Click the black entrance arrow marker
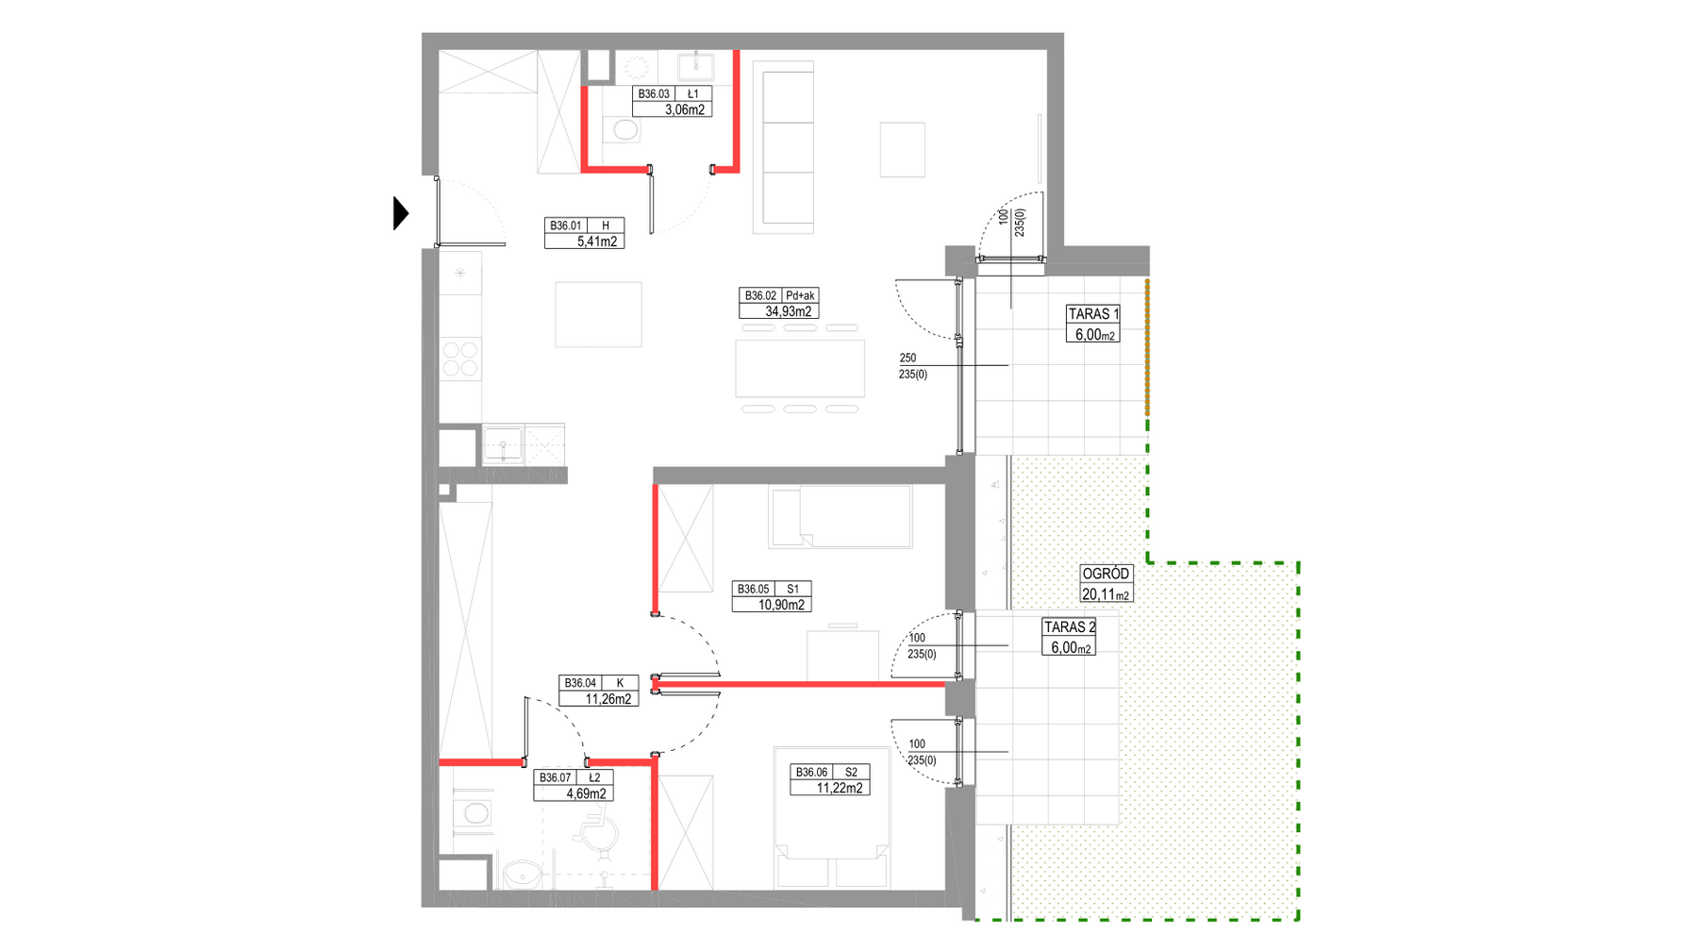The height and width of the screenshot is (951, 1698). [401, 213]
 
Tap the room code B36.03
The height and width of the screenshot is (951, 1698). [654, 94]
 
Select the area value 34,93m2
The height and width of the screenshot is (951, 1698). [789, 311]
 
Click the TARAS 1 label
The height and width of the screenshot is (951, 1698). [1093, 314]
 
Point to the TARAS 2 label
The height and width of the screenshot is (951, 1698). [1070, 627]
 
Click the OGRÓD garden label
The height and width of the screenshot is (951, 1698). [1106, 574]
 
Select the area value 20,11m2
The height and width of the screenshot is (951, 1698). [1106, 594]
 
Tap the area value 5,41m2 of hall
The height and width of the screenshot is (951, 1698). [597, 242]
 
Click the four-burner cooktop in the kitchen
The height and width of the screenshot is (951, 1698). [460, 359]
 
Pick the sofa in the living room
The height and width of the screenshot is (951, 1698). [783, 147]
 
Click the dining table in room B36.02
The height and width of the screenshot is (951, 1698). [800, 369]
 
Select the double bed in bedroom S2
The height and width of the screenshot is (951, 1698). [831, 817]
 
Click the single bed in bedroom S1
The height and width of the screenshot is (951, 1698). [841, 516]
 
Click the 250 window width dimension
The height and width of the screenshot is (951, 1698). [907, 359]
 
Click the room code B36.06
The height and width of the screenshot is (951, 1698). [811, 773]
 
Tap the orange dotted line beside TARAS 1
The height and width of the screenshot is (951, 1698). [1147, 347]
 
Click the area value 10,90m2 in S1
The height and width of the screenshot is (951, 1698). [782, 605]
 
